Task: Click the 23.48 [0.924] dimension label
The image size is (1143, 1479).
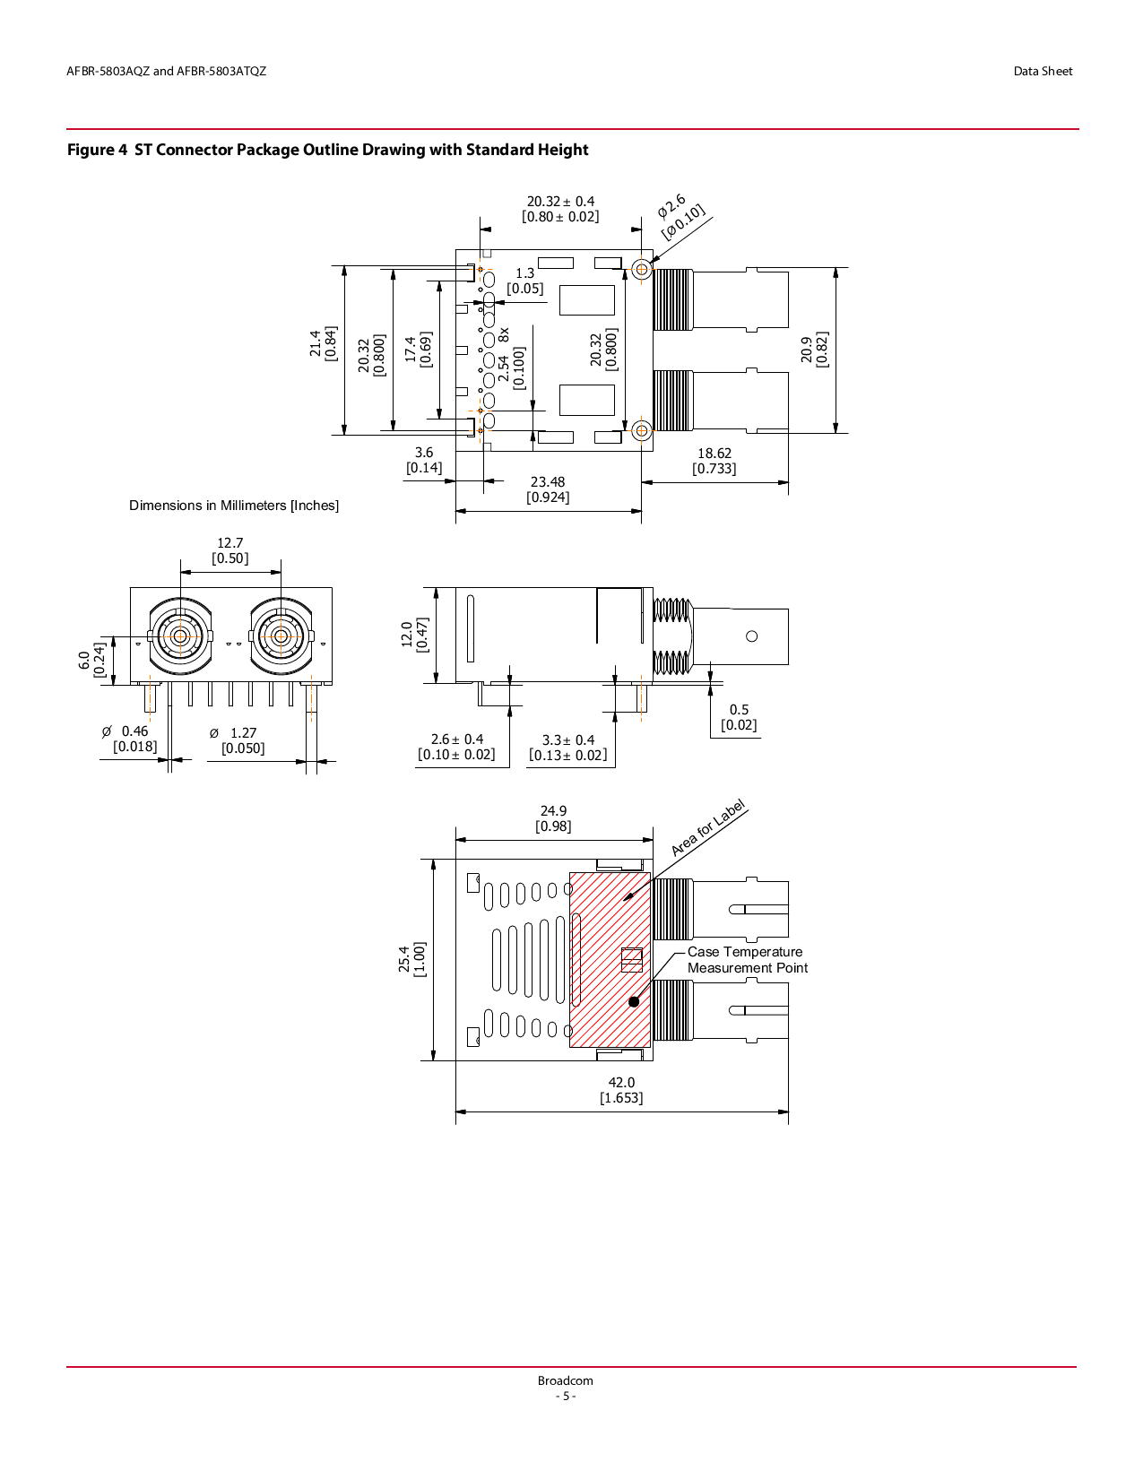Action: pos(548,489)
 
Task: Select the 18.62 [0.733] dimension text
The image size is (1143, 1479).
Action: pos(714,461)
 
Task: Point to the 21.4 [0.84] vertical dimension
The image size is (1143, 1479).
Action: pos(324,343)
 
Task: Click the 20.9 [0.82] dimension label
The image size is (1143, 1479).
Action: pos(814,350)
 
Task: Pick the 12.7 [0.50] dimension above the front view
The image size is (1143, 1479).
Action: pos(230,550)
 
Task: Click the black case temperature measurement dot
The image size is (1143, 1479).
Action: pos(634,1001)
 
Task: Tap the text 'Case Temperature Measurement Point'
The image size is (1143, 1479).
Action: pos(747,960)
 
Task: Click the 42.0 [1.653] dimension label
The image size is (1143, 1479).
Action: pos(621,1090)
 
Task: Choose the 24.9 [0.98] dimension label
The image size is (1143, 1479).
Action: pos(553,818)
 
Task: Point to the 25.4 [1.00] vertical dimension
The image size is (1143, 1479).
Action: pos(412,959)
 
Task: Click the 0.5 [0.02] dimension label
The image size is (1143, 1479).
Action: pos(739,717)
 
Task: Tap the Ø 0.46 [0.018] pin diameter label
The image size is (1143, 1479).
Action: pos(131,739)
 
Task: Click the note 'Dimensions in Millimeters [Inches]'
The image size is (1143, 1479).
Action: pos(234,506)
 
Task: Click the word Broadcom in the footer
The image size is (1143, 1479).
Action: pos(565,1380)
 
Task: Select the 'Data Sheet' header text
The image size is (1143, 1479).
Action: pos(1043,72)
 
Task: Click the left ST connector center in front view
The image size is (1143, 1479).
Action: pos(180,636)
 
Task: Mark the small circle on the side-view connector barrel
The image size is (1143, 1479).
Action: pos(751,636)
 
